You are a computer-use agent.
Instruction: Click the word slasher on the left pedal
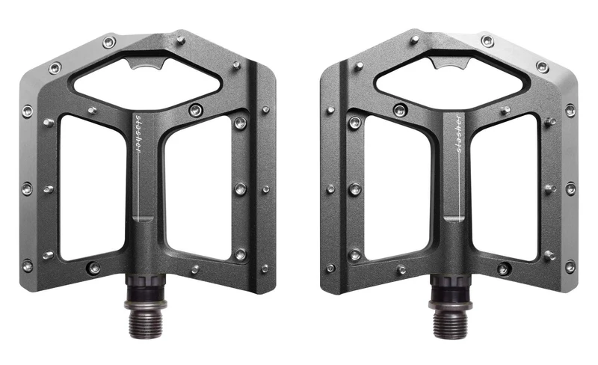coord(138,135)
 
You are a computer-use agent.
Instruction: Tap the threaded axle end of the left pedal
coord(146,323)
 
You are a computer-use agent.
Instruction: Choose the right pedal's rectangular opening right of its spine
coord(505,187)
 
